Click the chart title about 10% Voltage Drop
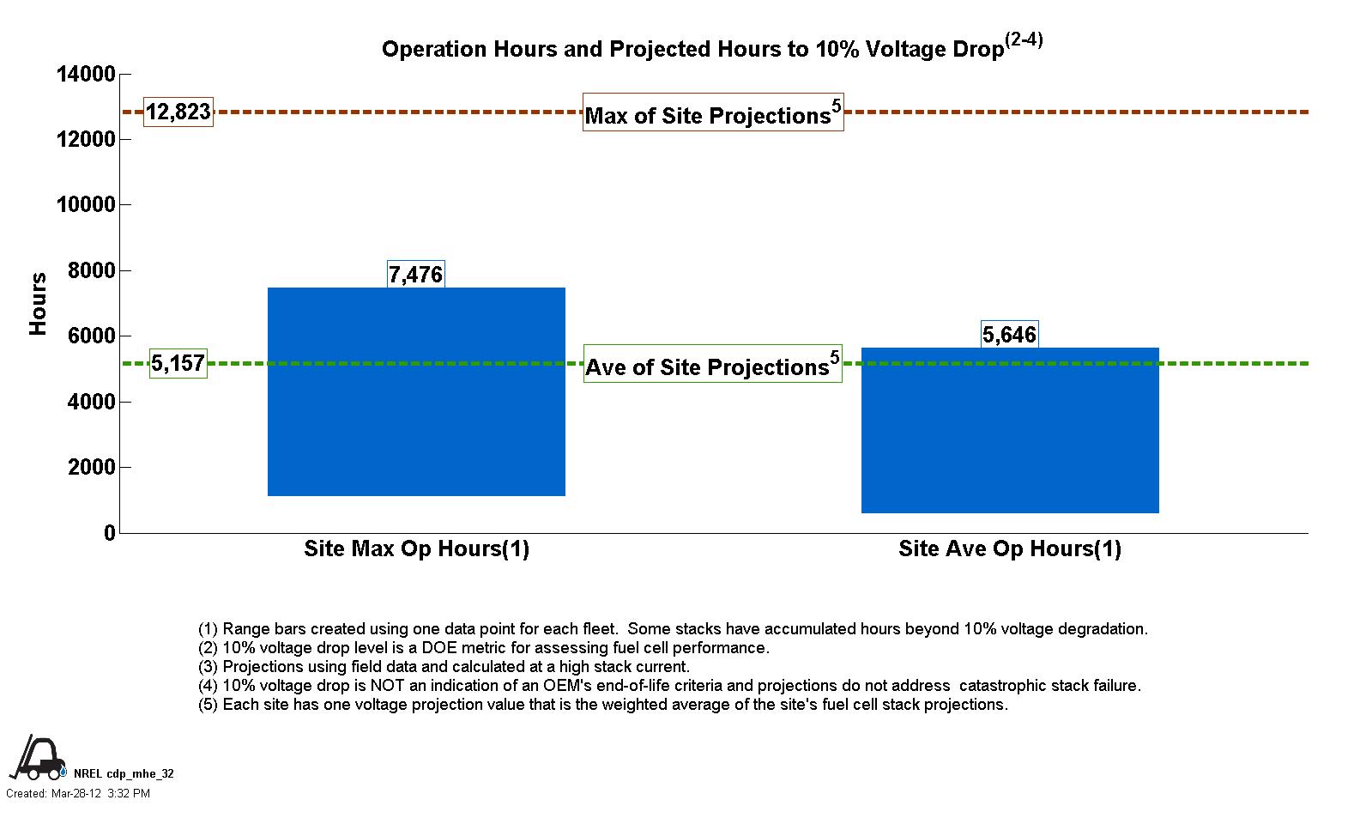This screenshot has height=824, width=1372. click(x=711, y=48)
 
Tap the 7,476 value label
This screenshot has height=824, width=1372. click(x=415, y=275)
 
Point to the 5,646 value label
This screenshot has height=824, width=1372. click(x=1009, y=335)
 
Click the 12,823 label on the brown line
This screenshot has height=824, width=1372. click(x=178, y=112)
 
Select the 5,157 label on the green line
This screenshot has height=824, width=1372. click(x=178, y=363)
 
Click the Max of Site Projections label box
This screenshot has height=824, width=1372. click(x=713, y=112)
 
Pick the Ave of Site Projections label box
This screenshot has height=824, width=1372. click(x=712, y=365)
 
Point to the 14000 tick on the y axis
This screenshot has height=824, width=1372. click(x=86, y=75)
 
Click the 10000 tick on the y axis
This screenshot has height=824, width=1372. click(x=86, y=205)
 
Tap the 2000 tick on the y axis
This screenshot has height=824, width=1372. click(x=91, y=468)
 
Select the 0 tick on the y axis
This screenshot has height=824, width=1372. click(x=109, y=533)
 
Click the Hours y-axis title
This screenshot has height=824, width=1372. click(x=38, y=304)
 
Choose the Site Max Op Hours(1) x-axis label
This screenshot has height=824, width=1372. click(x=416, y=549)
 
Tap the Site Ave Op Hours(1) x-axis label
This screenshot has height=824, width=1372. click(x=1009, y=549)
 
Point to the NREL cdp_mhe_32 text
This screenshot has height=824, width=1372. click(x=124, y=773)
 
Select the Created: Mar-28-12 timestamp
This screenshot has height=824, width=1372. click(x=78, y=794)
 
